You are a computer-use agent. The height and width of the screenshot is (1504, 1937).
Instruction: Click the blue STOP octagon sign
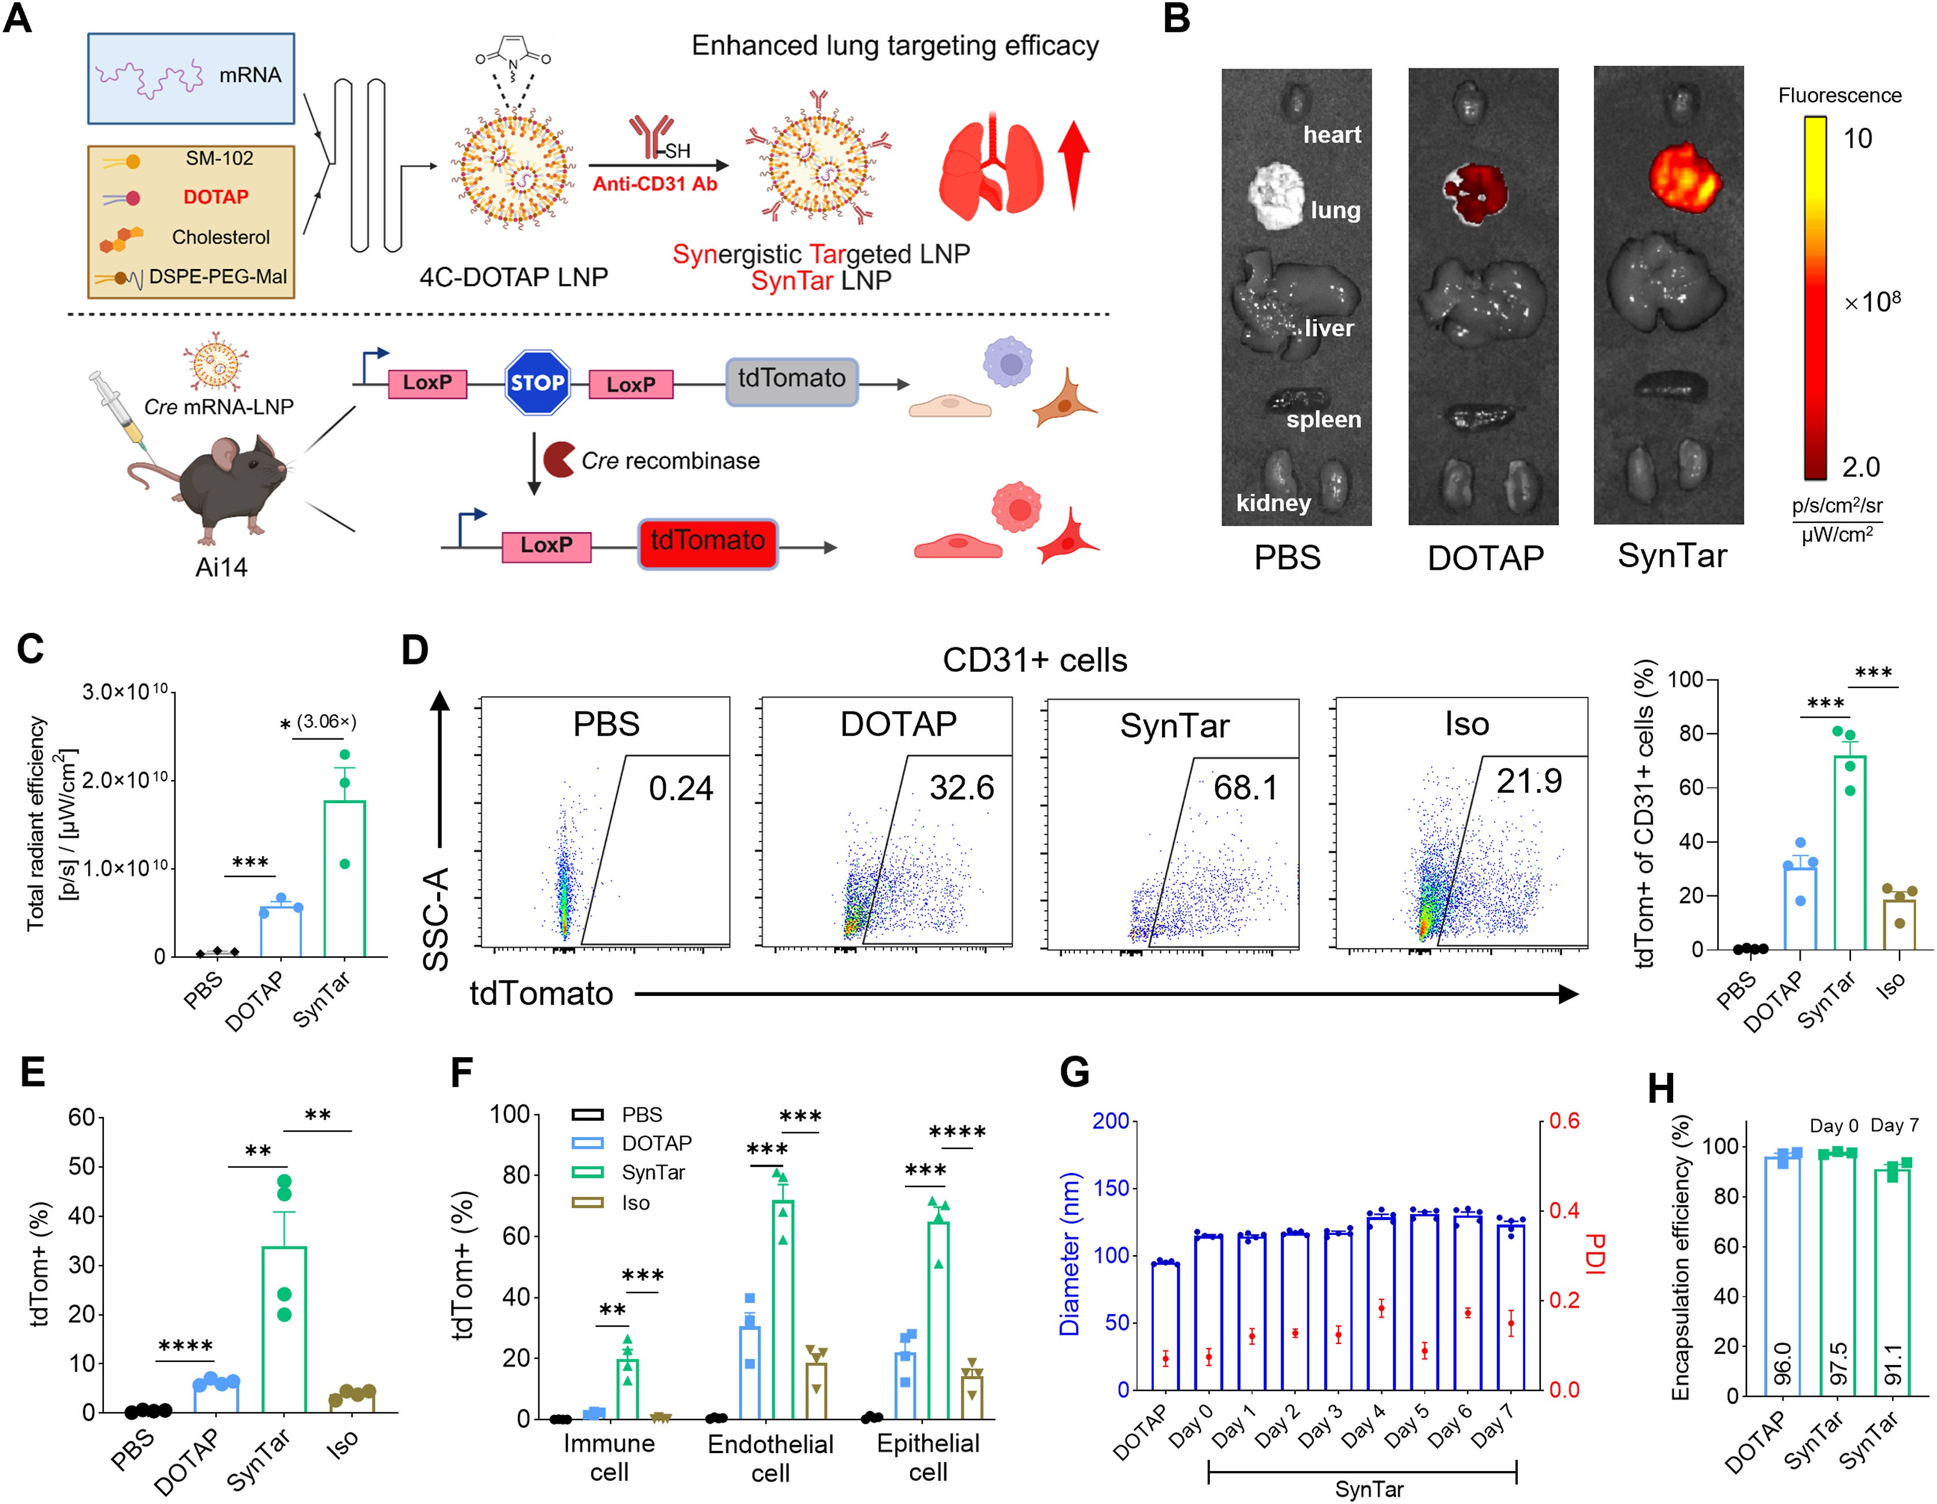[x=537, y=382]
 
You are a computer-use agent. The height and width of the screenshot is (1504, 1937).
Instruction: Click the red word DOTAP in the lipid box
[x=215, y=197]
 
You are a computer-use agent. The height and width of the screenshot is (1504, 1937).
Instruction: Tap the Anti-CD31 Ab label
[x=654, y=184]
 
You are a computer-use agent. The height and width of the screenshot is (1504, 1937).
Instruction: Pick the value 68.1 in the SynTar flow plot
[x=1245, y=788]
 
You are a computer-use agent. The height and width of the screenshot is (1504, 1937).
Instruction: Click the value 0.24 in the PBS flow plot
[x=680, y=788]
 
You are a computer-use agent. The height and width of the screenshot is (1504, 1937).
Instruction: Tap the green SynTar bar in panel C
[x=345, y=878]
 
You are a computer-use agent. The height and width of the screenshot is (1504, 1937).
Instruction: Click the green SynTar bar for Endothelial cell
[x=782, y=1309]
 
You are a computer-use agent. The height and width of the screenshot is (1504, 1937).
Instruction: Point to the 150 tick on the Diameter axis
[x=1111, y=1188]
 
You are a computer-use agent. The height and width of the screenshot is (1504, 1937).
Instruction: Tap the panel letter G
[x=1074, y=1073]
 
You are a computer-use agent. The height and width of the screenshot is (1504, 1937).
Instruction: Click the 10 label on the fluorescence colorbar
[x=1857, y=139]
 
